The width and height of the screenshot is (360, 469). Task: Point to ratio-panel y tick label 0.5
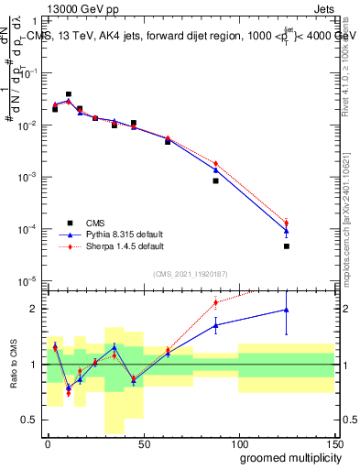click(x=33, y=420)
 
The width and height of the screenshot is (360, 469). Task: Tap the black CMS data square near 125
click(x=287, y=246)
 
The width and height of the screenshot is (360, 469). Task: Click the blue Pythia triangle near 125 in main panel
click(x=287, y=231)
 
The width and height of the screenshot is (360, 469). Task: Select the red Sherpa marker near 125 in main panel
click(x=287, y=223)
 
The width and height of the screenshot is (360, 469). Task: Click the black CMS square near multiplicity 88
click(x=215, y=180)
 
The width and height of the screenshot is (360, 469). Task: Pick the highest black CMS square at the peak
click(x=69, y=94)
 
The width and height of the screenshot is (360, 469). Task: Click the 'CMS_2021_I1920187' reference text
click(x=190, y=273)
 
